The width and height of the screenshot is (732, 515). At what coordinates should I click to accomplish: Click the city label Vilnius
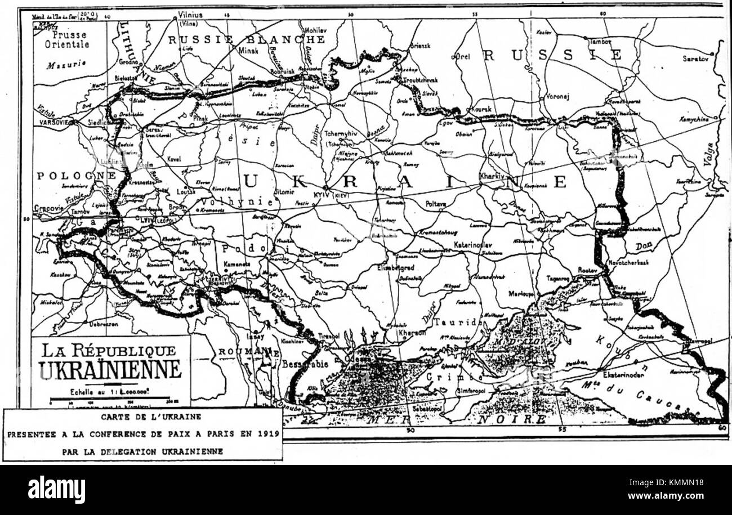[190, 15]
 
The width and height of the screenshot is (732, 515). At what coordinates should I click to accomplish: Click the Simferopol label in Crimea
[472, 391]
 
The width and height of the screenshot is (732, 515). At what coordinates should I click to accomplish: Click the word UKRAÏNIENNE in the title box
[110, 370]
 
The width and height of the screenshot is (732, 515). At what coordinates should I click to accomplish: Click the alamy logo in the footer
[56, 489]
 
